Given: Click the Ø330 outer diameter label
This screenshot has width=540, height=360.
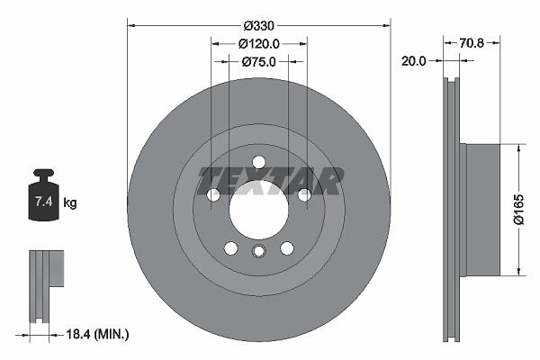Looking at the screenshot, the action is (258, 25).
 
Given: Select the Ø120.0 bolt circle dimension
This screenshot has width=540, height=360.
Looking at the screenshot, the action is (259, 44).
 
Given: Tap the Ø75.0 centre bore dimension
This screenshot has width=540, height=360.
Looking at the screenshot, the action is (259, 62).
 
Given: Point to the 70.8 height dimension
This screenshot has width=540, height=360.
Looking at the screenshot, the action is (472, 43).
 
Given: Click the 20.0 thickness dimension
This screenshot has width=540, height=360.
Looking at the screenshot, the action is (414, 61).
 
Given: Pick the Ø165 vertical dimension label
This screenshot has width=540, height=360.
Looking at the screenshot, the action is (518, 210).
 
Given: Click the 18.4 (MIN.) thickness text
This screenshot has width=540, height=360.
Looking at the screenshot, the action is (97, 334).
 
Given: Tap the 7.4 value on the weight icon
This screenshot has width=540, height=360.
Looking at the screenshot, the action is (44, 202).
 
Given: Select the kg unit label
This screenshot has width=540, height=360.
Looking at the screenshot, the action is (70, 202).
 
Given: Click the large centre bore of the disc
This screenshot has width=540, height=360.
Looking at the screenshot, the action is (258, 210).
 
